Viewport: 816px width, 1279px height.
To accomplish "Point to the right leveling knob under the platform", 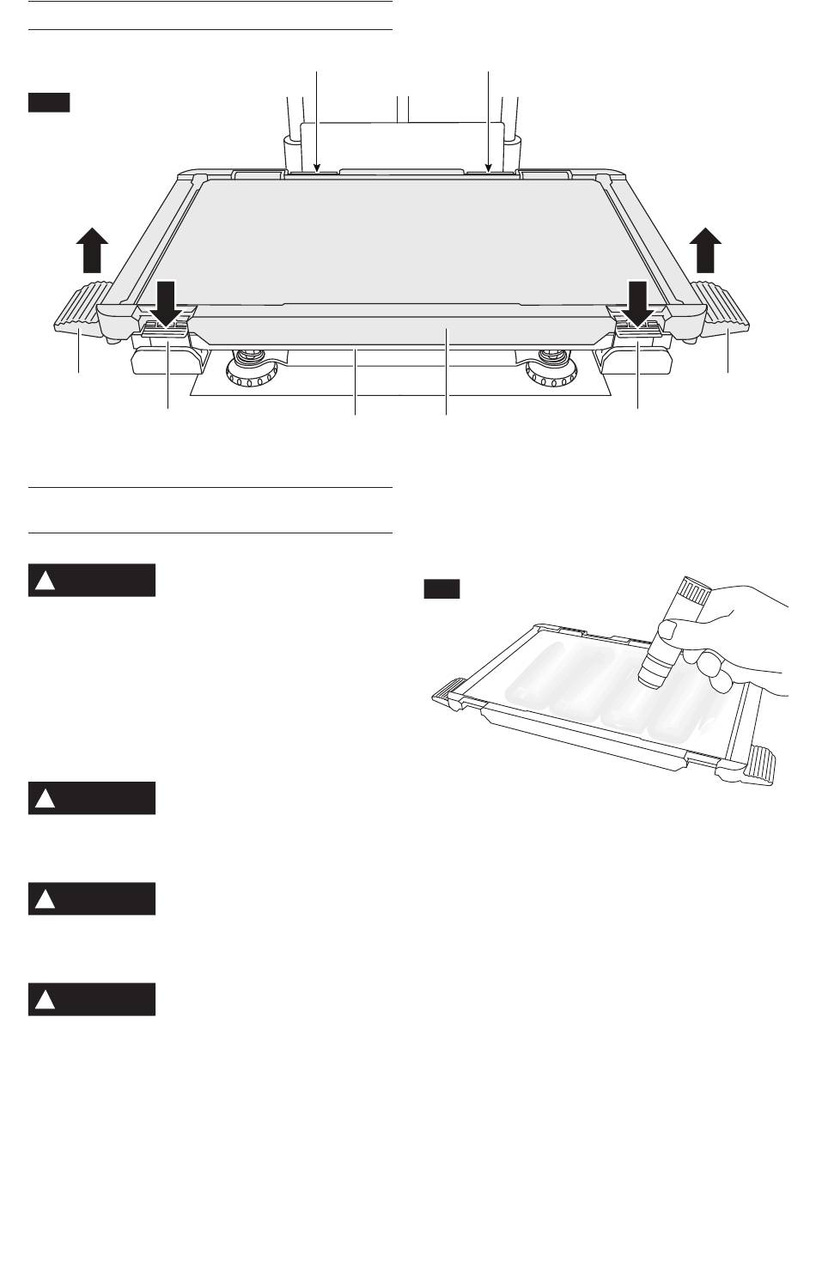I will click(x=550, y=372).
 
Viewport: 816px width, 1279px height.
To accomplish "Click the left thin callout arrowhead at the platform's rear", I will click(x=317, y=169).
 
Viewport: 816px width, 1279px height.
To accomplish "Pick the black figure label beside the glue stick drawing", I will click(x=441, y=589).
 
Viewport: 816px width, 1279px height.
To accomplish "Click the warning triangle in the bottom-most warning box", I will click(x=45, y=1001).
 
